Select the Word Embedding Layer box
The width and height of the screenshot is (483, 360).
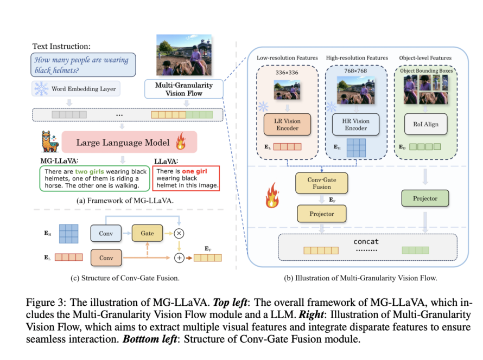coord(84,88)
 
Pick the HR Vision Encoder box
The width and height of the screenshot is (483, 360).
coord(357,124)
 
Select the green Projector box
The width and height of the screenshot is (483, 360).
coord(425,198)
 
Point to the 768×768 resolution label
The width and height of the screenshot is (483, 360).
coord(357,70)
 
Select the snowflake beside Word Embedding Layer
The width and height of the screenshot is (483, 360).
coord(41,88)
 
